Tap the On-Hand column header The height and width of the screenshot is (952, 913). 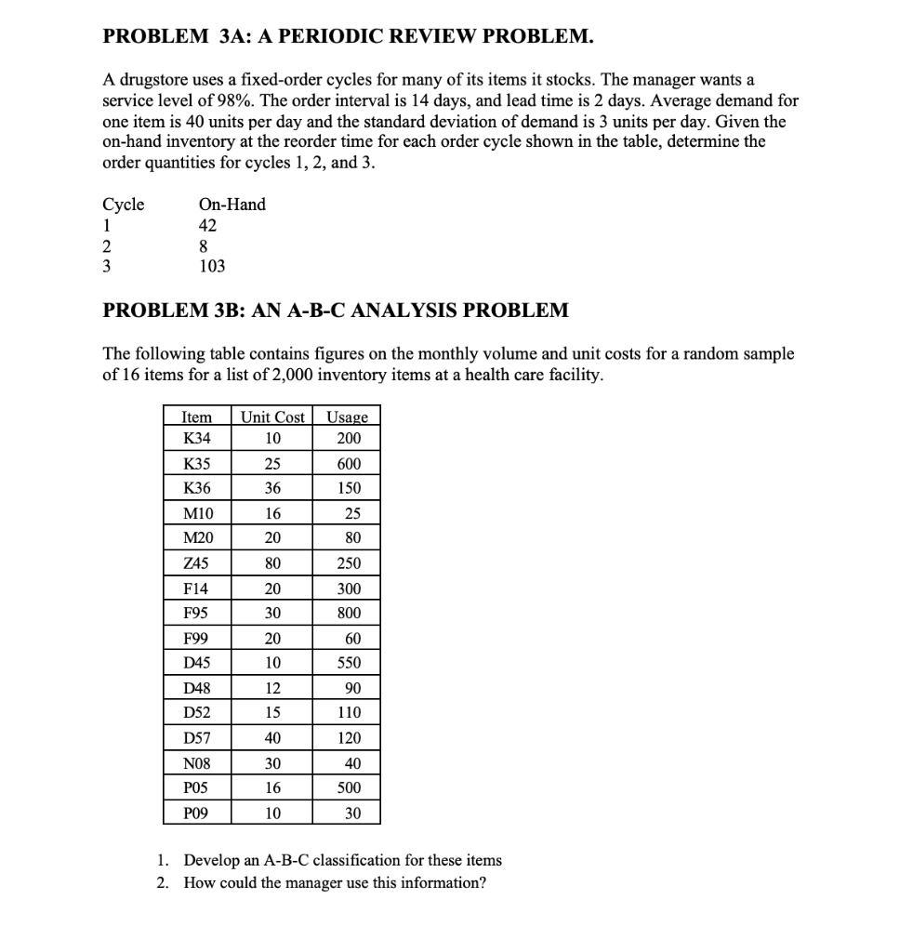[232, 205]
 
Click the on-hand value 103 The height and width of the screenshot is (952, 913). [212, 266]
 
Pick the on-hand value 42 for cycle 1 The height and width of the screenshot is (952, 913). [207, 225]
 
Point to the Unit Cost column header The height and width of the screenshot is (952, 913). [272, 417]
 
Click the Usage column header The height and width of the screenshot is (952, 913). [348, 417]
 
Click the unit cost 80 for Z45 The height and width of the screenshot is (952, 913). [272, 563]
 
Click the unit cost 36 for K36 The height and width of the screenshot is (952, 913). [272, 488]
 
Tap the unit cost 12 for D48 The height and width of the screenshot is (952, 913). [272, 689]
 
